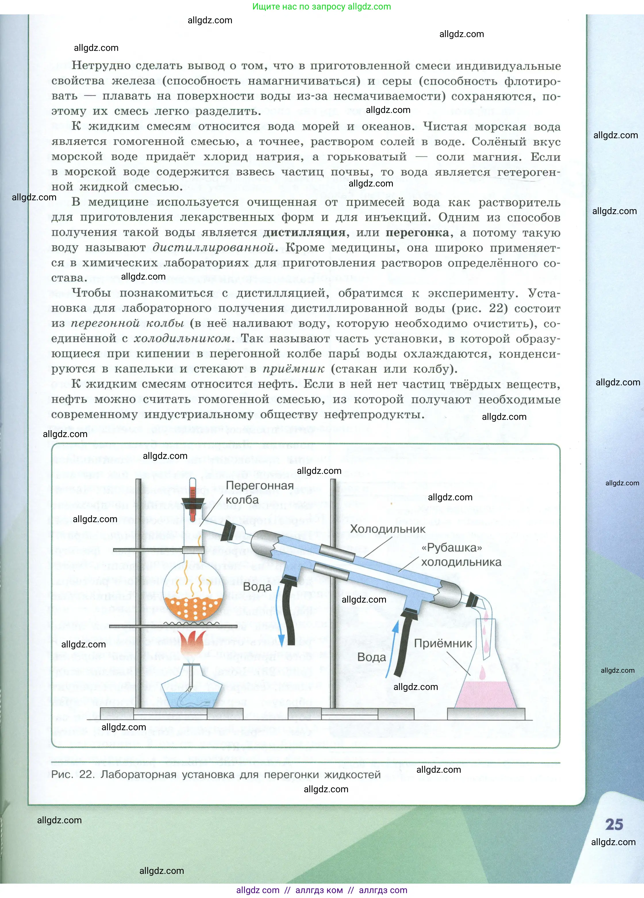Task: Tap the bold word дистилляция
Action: click(x=304, y=232)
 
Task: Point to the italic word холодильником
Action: click(x=182, y=339)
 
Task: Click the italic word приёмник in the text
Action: click(x=293, y=369)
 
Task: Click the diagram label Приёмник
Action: click(x=443, y=643)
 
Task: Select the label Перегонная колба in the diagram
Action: click(x=259, y=493)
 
